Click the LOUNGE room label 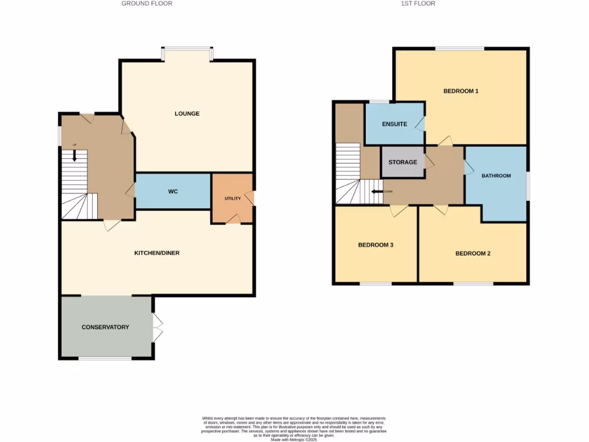pos(187,113)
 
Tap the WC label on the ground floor pos(173,191)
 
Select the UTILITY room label pos(232,199)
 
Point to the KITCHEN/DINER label pos(157,253)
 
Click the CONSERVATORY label pos(105,327)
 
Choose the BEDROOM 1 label pos(461,91)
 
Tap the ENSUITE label pos(395,124)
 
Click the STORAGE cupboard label pos(403,162)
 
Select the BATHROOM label pos(496,176)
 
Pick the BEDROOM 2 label pos(473,253)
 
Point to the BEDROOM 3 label pos(376,245)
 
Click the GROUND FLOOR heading pos(147,3)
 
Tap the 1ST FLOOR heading pos(418,3)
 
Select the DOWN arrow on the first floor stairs pos(377,192)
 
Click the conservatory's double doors pos(158,327)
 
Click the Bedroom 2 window pos(473,283)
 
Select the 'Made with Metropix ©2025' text pos(294,440)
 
